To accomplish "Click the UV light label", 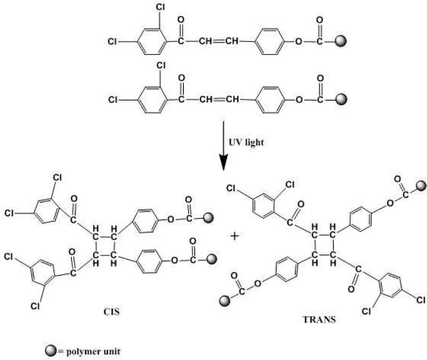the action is (x=246, y=142).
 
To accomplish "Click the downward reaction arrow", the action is (x=223, y=145).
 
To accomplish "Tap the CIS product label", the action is (x=111, y=312).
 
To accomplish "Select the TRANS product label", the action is (x=319, y=319).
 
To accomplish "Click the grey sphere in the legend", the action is (x=51, y=351).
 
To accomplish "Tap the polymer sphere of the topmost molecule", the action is (x=341, y=41).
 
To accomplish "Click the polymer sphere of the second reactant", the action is (x=341, y=99).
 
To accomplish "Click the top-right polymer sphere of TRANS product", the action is (x=421, y=186).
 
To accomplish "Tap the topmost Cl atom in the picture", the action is (x=160, y=7).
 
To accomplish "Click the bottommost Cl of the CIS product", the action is (x=35, y=306).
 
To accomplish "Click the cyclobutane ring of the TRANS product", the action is (x=324, y=245).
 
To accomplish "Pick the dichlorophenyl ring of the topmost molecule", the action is (x=151, y=41).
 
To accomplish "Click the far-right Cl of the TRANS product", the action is (x=421, y=300).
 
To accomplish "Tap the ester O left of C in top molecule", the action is (x=299, y=41).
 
